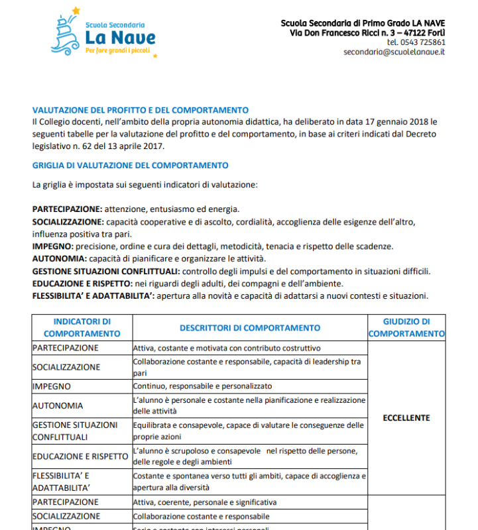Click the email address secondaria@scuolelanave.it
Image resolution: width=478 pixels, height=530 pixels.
point(394,52)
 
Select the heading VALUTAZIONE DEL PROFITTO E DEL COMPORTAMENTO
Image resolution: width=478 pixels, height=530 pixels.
point(140,111)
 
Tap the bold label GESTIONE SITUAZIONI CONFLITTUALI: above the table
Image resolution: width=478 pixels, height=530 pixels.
point(105,271)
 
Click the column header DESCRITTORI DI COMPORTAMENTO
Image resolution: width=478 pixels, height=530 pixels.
point(249,328)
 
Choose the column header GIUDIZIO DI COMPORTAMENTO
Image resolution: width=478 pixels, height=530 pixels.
point(406,328)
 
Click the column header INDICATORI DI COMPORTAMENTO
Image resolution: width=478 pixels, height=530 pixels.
point(82,328)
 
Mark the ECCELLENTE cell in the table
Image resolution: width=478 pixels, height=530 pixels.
point(406,418)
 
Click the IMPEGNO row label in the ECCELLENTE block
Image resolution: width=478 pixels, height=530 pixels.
point(52,386)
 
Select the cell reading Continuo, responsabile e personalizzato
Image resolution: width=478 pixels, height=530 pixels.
point(202,386)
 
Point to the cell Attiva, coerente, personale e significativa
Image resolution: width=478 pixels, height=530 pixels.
point(205,502)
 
